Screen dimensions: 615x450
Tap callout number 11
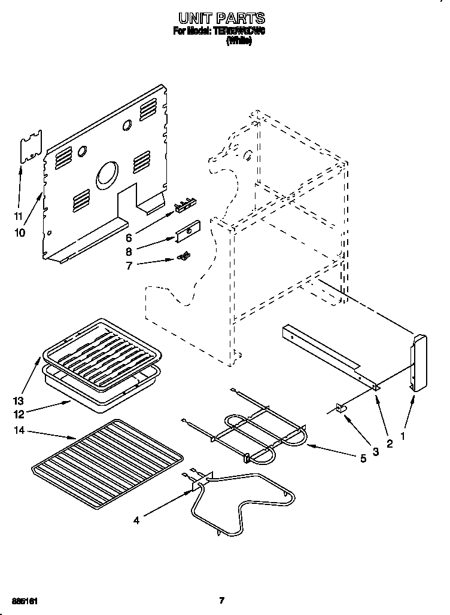coord(19,216)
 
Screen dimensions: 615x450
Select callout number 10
coord(20,232)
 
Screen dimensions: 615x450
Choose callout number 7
coord(129,265)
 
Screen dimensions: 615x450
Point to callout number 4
coord(136,521)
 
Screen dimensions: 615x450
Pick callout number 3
coord(376,452)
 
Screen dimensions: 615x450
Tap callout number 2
coord(390,443)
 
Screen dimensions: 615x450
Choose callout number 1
coord(403,437)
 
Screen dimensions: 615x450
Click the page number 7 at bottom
coord(221,600)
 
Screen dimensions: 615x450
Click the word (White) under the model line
coord(238,42)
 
